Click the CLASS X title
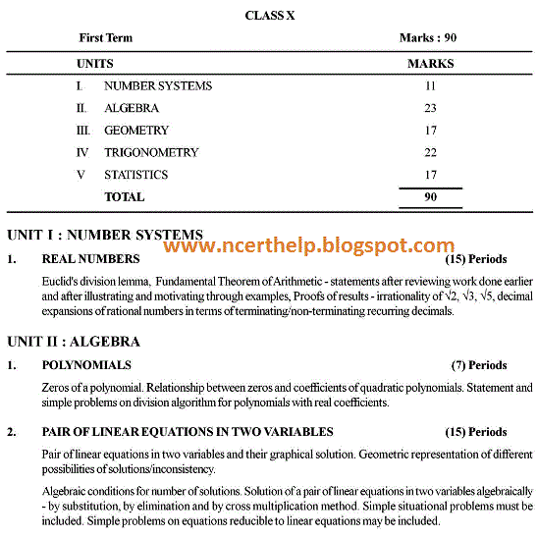click(x=270, y=16)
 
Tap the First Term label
click(x=105, y=38)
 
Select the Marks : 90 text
click(x=428, y=38)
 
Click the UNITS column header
click(x=94, y=64)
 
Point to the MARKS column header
click(x=430, y=64)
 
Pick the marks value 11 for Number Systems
click(x=430, y=86)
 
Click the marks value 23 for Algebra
click(x=430, y=108)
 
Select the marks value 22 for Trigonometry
click(x=430, y=152)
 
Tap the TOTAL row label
click(x=124, y=196)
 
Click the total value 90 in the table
click(x=430, y=196)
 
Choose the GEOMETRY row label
click(x=136, y=131)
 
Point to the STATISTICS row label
click(x=135, y=175)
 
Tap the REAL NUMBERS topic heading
click(x=90, y=260)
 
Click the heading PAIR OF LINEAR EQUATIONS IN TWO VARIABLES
click(x=188, y=432)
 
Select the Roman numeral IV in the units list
click(x=82, y=152)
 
